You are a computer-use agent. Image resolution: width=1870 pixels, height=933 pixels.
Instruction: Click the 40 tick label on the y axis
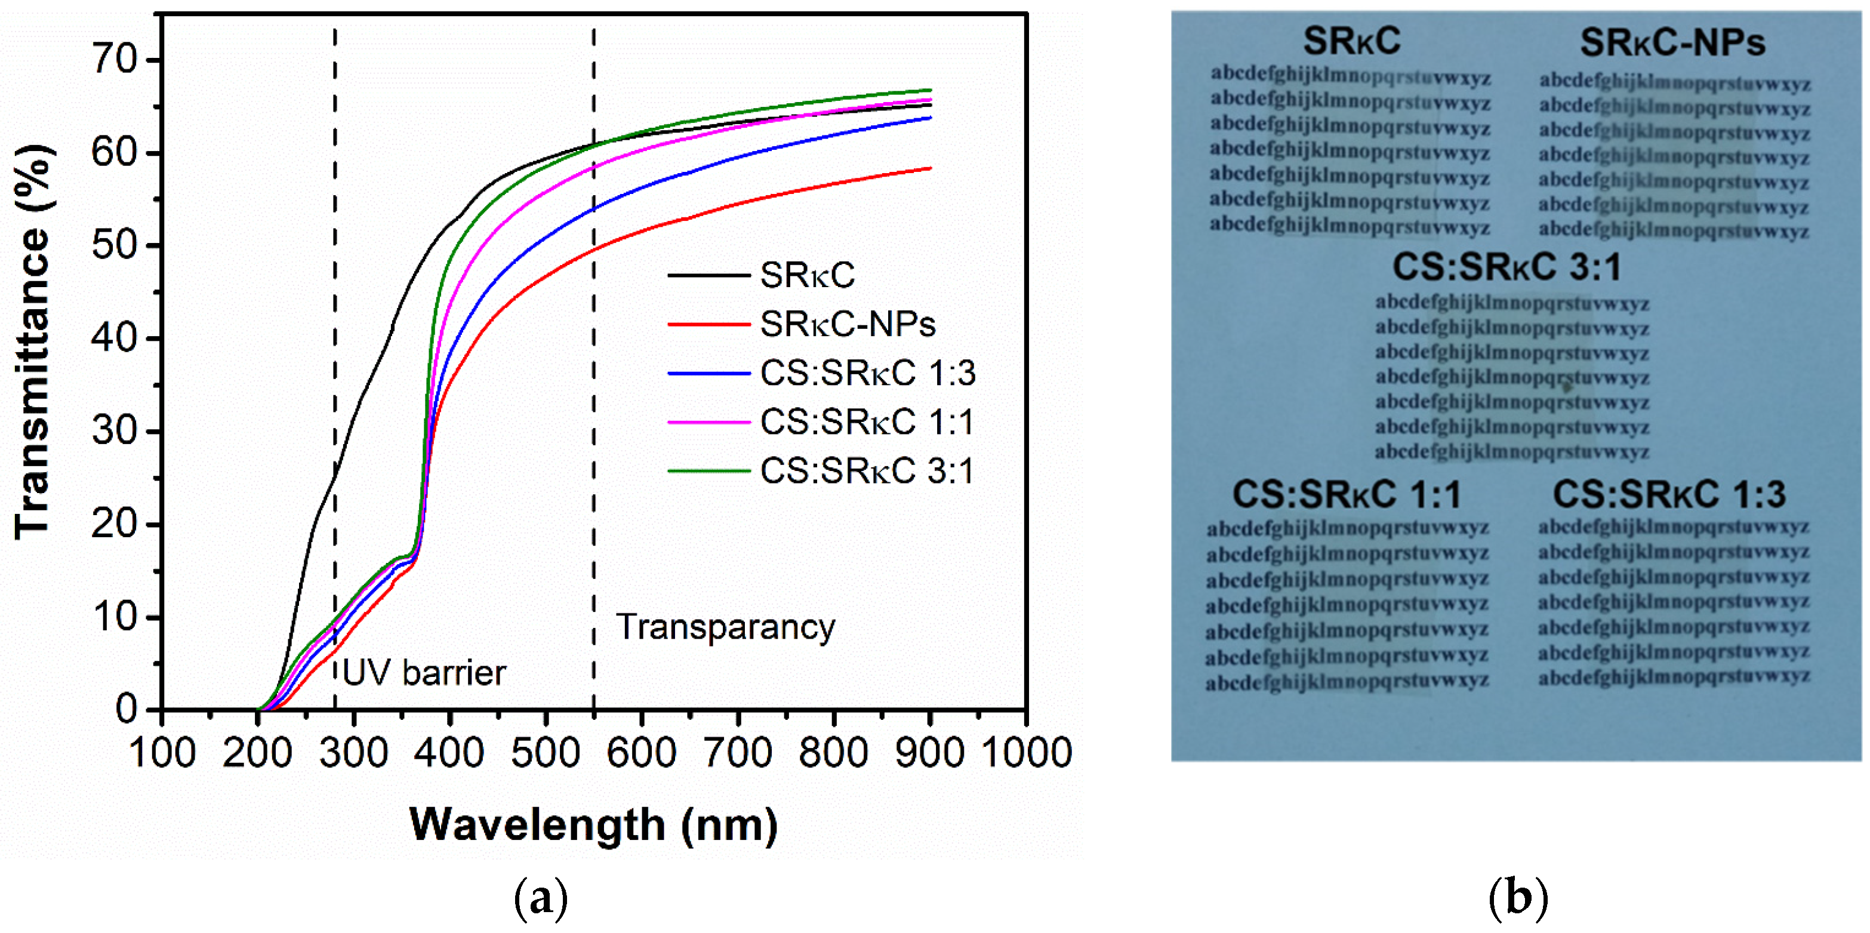coord(115,338)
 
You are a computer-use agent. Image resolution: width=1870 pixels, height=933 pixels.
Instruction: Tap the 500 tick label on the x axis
coord(545,752)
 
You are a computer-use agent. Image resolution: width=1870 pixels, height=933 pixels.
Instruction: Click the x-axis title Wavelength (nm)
coord(593,825)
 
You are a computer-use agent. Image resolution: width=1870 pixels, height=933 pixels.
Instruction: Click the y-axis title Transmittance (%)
coord(33,341)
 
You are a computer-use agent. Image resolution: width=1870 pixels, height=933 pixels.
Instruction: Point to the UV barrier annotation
coord(424,672)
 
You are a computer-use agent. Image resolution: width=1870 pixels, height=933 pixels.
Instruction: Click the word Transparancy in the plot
coord(725,627)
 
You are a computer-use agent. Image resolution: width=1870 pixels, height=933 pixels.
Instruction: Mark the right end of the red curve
coord(931,168)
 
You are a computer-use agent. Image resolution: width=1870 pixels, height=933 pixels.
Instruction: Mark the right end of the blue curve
coord(931,118)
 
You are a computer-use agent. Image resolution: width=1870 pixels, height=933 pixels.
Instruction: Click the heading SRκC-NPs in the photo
coord(1672,42)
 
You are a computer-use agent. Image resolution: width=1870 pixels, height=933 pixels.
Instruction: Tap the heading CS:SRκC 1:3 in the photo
coord(1669,494)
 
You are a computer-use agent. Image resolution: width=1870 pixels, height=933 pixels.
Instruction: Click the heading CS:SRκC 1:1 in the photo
coord(1346,494)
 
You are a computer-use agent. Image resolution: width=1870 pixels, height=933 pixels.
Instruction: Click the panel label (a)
coord(541,899)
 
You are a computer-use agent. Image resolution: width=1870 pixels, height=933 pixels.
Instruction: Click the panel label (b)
coord(1518,899)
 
